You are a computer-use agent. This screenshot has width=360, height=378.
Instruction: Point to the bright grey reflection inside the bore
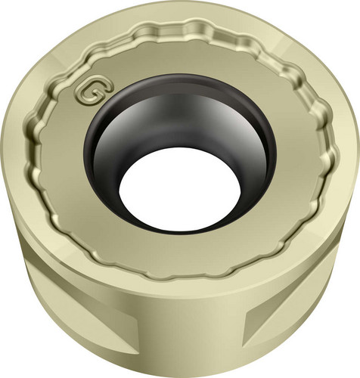[x=202, y=113]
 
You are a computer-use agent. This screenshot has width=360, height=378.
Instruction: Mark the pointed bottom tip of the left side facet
[x=138, y=353]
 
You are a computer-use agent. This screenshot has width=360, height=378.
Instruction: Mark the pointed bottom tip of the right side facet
[x=244, y=347]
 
